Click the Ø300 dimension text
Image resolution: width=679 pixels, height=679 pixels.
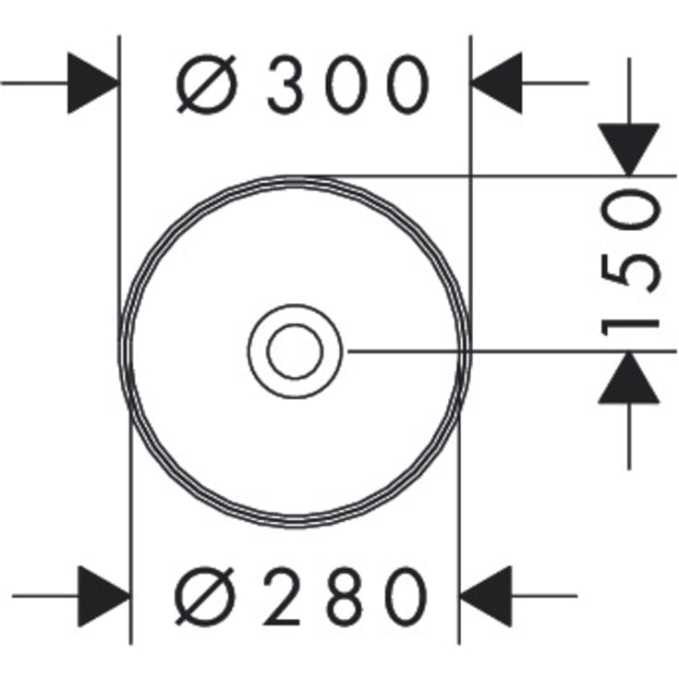303,83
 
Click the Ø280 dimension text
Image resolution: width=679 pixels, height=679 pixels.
301,597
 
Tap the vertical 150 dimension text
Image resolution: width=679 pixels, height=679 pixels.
630,263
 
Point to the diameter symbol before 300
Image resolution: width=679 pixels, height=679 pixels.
207,84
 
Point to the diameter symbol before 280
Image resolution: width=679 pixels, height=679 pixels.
205,597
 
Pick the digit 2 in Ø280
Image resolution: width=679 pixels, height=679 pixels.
283,596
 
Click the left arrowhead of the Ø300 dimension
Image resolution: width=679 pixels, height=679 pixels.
93,83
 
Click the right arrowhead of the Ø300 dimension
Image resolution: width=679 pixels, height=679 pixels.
496,83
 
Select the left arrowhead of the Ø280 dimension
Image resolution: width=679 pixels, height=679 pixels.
103,596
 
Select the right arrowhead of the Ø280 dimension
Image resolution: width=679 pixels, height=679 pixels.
485,596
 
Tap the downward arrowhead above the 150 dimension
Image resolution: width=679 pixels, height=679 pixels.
629,150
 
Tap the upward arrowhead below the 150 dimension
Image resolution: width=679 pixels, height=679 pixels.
629,378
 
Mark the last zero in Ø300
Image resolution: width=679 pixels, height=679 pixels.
408,83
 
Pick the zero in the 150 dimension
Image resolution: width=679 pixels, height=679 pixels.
631,211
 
